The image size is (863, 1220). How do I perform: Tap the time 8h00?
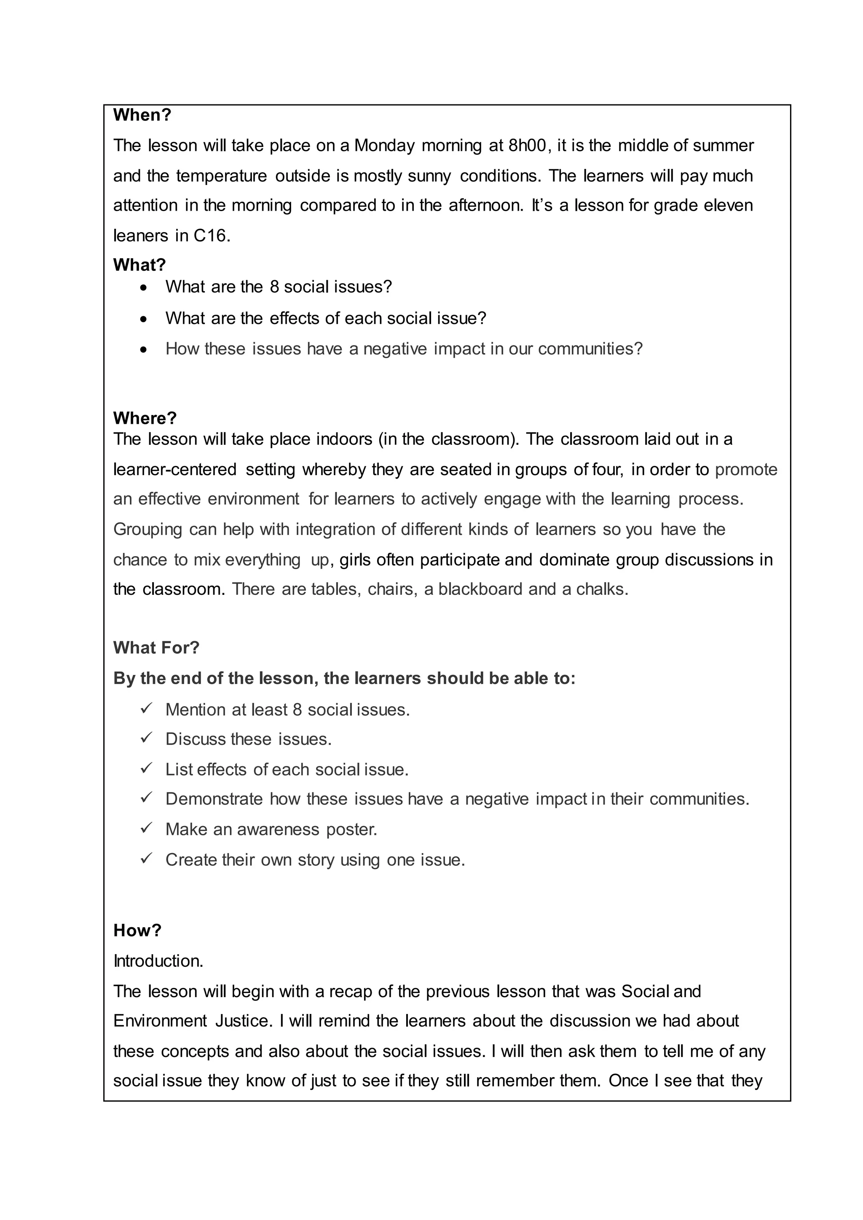pyautogui.click(x=527, y=146)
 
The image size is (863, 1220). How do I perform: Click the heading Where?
pyautogui.click(x=145, y=418)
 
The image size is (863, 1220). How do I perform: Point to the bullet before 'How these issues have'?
pyautogui.click(x=143, y=350)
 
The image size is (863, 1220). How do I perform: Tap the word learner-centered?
pyautogui.click(x=175, y=470)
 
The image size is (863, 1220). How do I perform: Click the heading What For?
pyautogui.click(x=156, y=648)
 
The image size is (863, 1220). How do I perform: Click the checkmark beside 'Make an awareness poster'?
pyautogui.click(x=147, y=828)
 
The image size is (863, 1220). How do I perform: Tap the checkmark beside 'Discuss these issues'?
pyautogui.click(x=147, y=738)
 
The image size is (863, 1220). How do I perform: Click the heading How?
pyautogui.click(x=137, y=931)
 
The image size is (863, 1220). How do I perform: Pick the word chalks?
pyautogui.click(x=602, y=589)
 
